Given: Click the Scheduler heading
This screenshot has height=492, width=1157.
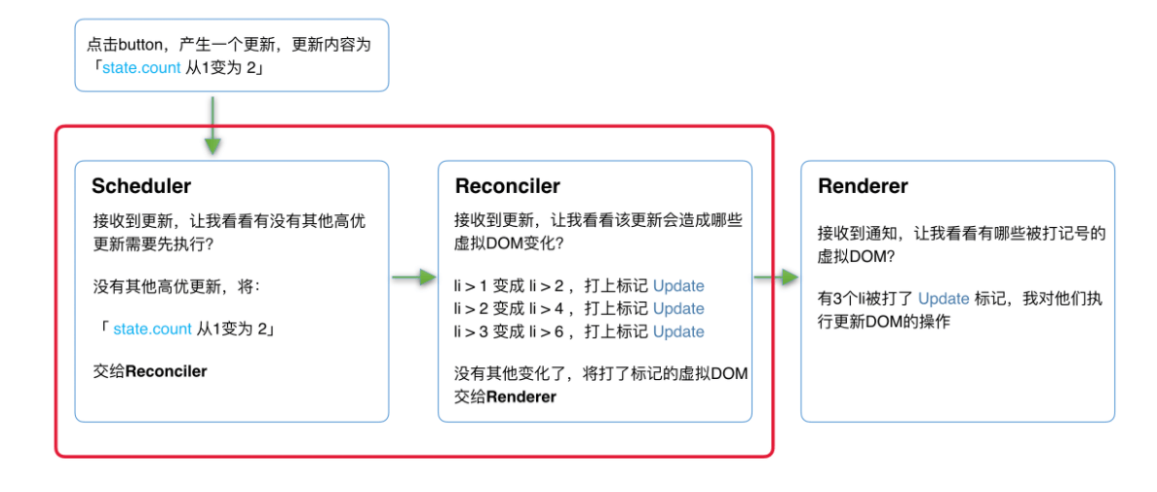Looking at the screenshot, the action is click(141, 186).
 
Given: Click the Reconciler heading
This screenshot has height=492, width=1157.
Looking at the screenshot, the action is click(507, 186).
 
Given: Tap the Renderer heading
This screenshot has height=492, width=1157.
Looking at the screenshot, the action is click(863, 186).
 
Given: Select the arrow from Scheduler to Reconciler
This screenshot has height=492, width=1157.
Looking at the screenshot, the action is click(413, 278).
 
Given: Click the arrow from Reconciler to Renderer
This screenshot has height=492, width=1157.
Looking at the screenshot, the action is click(776, 278).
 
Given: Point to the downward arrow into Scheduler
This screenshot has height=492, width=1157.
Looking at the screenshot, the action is click(212, 127).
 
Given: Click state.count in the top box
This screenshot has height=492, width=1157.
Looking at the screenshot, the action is click(141, 68).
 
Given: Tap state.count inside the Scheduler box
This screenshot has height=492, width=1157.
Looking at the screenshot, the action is click(152, 329).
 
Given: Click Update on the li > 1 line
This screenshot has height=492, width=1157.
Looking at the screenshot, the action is click(678, 285).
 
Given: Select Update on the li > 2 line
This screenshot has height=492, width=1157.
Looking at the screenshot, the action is click(678, 309).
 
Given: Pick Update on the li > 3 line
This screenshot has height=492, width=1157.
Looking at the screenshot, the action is click(678, 331).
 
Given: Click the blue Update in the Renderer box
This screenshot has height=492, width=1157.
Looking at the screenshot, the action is click(944, 299).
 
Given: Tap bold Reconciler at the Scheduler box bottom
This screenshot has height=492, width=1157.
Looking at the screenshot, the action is click(166, 371).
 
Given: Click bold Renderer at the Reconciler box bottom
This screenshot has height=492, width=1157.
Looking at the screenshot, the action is click(521, 397).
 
